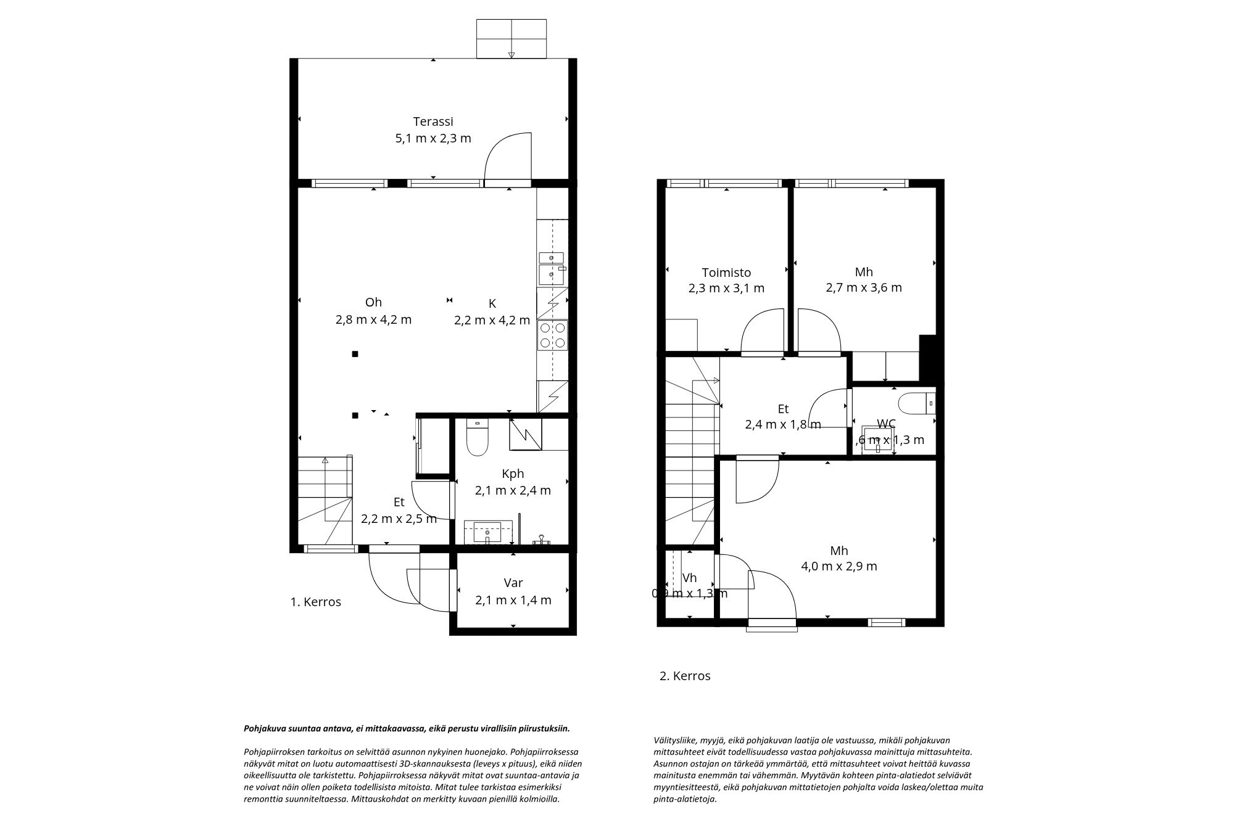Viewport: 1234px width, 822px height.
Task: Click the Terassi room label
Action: [433, 121]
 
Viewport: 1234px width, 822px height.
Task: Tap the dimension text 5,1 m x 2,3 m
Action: [433, 138]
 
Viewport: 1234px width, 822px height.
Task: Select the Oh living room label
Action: [373, 302]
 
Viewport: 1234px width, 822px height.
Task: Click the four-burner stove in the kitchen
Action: [552, 335]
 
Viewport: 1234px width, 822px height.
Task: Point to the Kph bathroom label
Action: [513, 474]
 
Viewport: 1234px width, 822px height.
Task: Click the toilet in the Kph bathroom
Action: [477, 439]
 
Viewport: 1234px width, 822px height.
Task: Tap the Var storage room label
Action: [513, 583]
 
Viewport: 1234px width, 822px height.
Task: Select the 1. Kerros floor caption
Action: [315, 602]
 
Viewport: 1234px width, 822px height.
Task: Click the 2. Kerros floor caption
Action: [685, 676]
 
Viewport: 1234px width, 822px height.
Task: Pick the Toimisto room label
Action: [726, 273]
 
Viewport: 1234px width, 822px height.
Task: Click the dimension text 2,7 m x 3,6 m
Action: [864, 287]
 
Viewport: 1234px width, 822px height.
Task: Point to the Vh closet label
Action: [689, 578]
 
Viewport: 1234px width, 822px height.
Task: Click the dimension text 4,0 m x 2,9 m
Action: [839, 566]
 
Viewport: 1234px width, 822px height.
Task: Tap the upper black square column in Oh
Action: [355, 354]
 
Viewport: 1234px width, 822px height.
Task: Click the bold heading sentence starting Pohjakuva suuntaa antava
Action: [407, 728]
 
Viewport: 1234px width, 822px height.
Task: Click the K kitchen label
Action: [492, 303]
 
